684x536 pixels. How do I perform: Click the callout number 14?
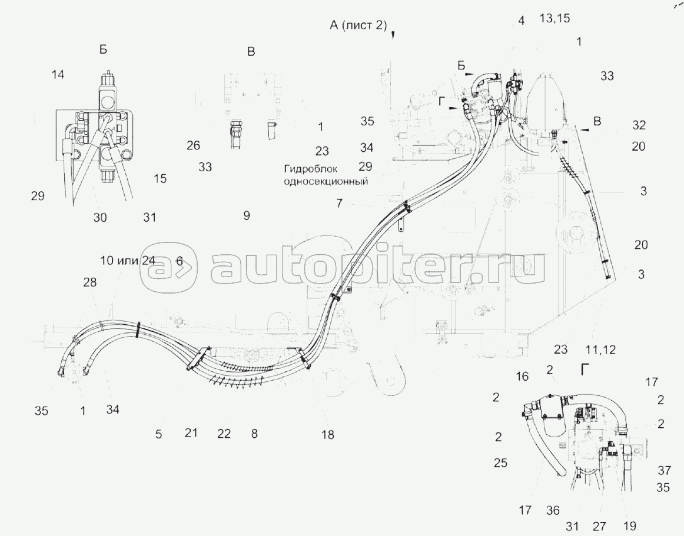pyautogui.click(x=58, y=75)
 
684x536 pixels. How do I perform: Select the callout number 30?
pyautogui.click(x=100, y=217)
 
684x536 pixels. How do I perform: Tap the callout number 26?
pyautogui.click(x=193, y=145)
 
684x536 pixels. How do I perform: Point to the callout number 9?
pyautogui.click(x=247, y=215)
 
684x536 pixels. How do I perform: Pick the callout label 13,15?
pyautogui.click(x=554, y=19)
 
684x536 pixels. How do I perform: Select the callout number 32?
pyautogui.click(x=639, y=125)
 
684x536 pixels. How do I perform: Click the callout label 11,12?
pyautogui.click(x=600, y=349)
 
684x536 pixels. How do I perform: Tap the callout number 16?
pyautogui.click(x=522, y=376)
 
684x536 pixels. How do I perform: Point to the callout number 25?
pyautogui.click(x=500, y=462)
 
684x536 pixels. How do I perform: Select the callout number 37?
pyautogui.click(x=665, y=470)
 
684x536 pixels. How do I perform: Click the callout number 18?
pyautogui.click(x=327, y=435)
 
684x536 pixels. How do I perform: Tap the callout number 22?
pyautogui.click(x=224, y=434)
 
